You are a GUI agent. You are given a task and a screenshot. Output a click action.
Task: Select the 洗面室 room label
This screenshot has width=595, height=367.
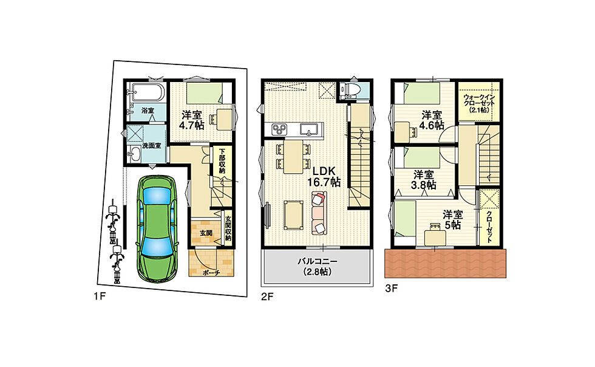(151, 145)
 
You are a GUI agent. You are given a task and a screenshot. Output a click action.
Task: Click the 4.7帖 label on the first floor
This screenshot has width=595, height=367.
(192, 125)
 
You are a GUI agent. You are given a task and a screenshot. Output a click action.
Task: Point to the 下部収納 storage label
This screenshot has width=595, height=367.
(222, 160)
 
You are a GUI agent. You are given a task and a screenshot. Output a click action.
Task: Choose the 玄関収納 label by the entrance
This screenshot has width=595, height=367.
(228, 228)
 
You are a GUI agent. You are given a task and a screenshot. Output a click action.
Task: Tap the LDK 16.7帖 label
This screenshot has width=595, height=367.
(324, 176)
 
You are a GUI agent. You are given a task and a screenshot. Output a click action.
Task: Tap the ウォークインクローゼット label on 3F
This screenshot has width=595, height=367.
(479, 103)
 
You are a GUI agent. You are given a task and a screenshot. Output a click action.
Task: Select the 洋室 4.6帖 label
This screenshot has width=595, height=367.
(432, 120)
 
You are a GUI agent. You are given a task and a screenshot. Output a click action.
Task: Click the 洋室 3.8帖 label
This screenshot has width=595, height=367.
(424, 180)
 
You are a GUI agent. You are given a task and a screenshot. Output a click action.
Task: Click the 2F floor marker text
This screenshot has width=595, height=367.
(267, 297)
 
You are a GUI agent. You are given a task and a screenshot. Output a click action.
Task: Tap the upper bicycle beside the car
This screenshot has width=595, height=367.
(113, 222)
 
